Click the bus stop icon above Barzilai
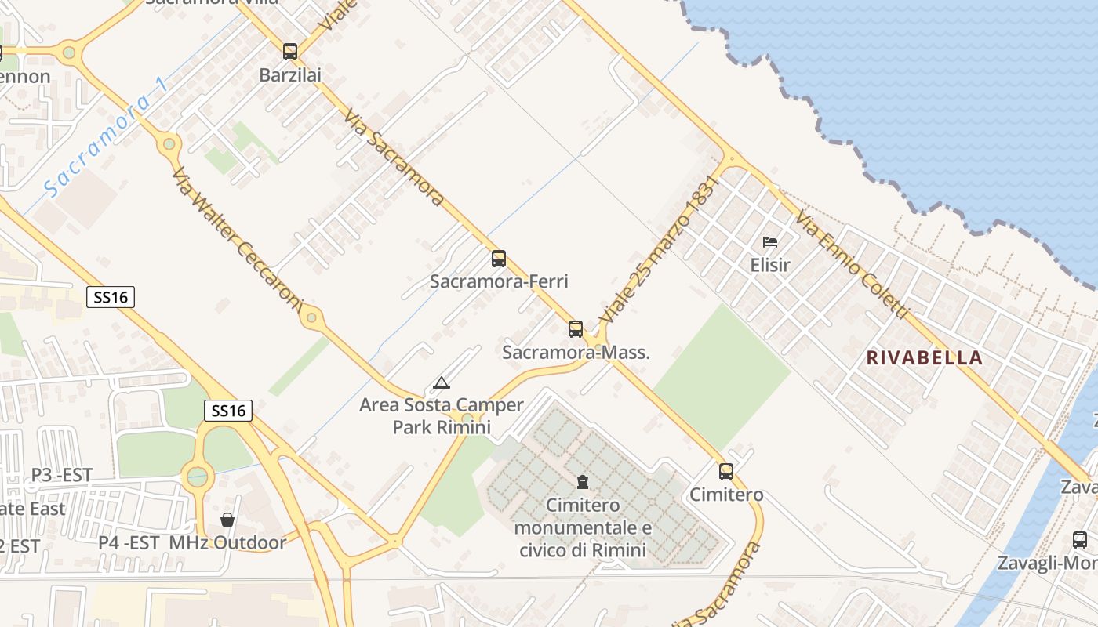coord(290,52)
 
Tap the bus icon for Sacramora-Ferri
coord(499,259)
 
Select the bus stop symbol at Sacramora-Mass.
coord(576,329)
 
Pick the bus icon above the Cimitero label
coord(726,472)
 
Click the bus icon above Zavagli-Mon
coord(1080,540)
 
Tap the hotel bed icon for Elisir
coord(770,242)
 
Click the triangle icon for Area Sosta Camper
coord(442,383)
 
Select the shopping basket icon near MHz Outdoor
coord(227,520)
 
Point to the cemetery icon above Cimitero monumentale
coord(583,481)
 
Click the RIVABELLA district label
coord(925,358)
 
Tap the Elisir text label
coord(770,265)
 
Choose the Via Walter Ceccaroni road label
coord(237,239)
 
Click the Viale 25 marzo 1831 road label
coord(660,248)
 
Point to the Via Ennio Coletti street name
coord(852,264)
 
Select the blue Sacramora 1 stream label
coord(105,139)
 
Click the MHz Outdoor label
coord(227,542)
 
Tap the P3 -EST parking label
coord(62,475)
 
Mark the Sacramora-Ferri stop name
coord(499,281)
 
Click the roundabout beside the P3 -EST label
coord(197,476)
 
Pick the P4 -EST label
coord(129,542)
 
